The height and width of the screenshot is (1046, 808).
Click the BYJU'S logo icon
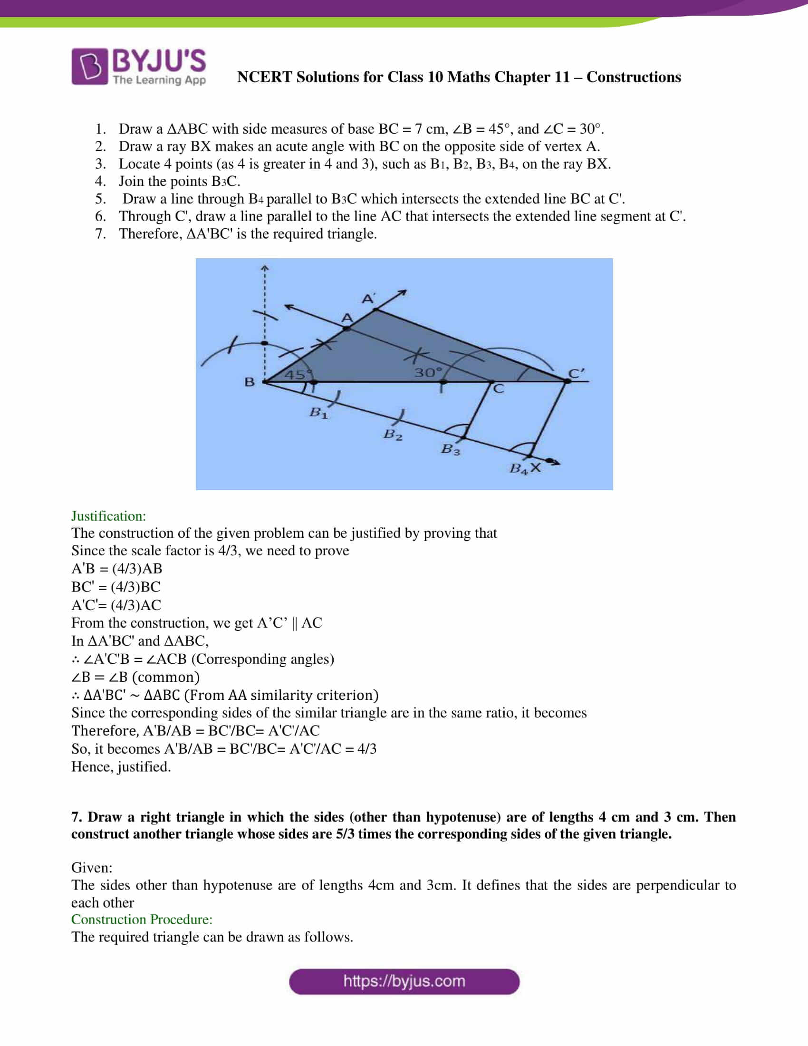tap(89, 66)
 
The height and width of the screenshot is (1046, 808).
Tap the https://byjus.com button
tap(404, 981)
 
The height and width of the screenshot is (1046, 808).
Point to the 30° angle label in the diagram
tap(428, 372)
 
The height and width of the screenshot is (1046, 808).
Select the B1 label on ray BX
tap(318, 412)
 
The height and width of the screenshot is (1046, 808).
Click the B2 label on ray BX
tap(393, 435)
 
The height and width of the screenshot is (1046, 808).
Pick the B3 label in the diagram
tap(450, 449)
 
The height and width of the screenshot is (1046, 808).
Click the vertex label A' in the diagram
tap(367, 299)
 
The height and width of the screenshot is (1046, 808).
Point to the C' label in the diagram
tap(577, 373)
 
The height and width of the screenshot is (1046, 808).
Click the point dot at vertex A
tap(347, 329)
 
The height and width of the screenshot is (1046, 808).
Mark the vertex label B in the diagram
tap(250, 382)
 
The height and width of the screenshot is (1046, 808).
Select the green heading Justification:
tap(109, 516)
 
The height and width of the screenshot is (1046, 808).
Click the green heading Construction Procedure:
tap(142, 919)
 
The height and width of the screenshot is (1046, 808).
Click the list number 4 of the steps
tap(100, 181)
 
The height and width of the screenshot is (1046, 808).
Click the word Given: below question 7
tap(92, 867)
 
